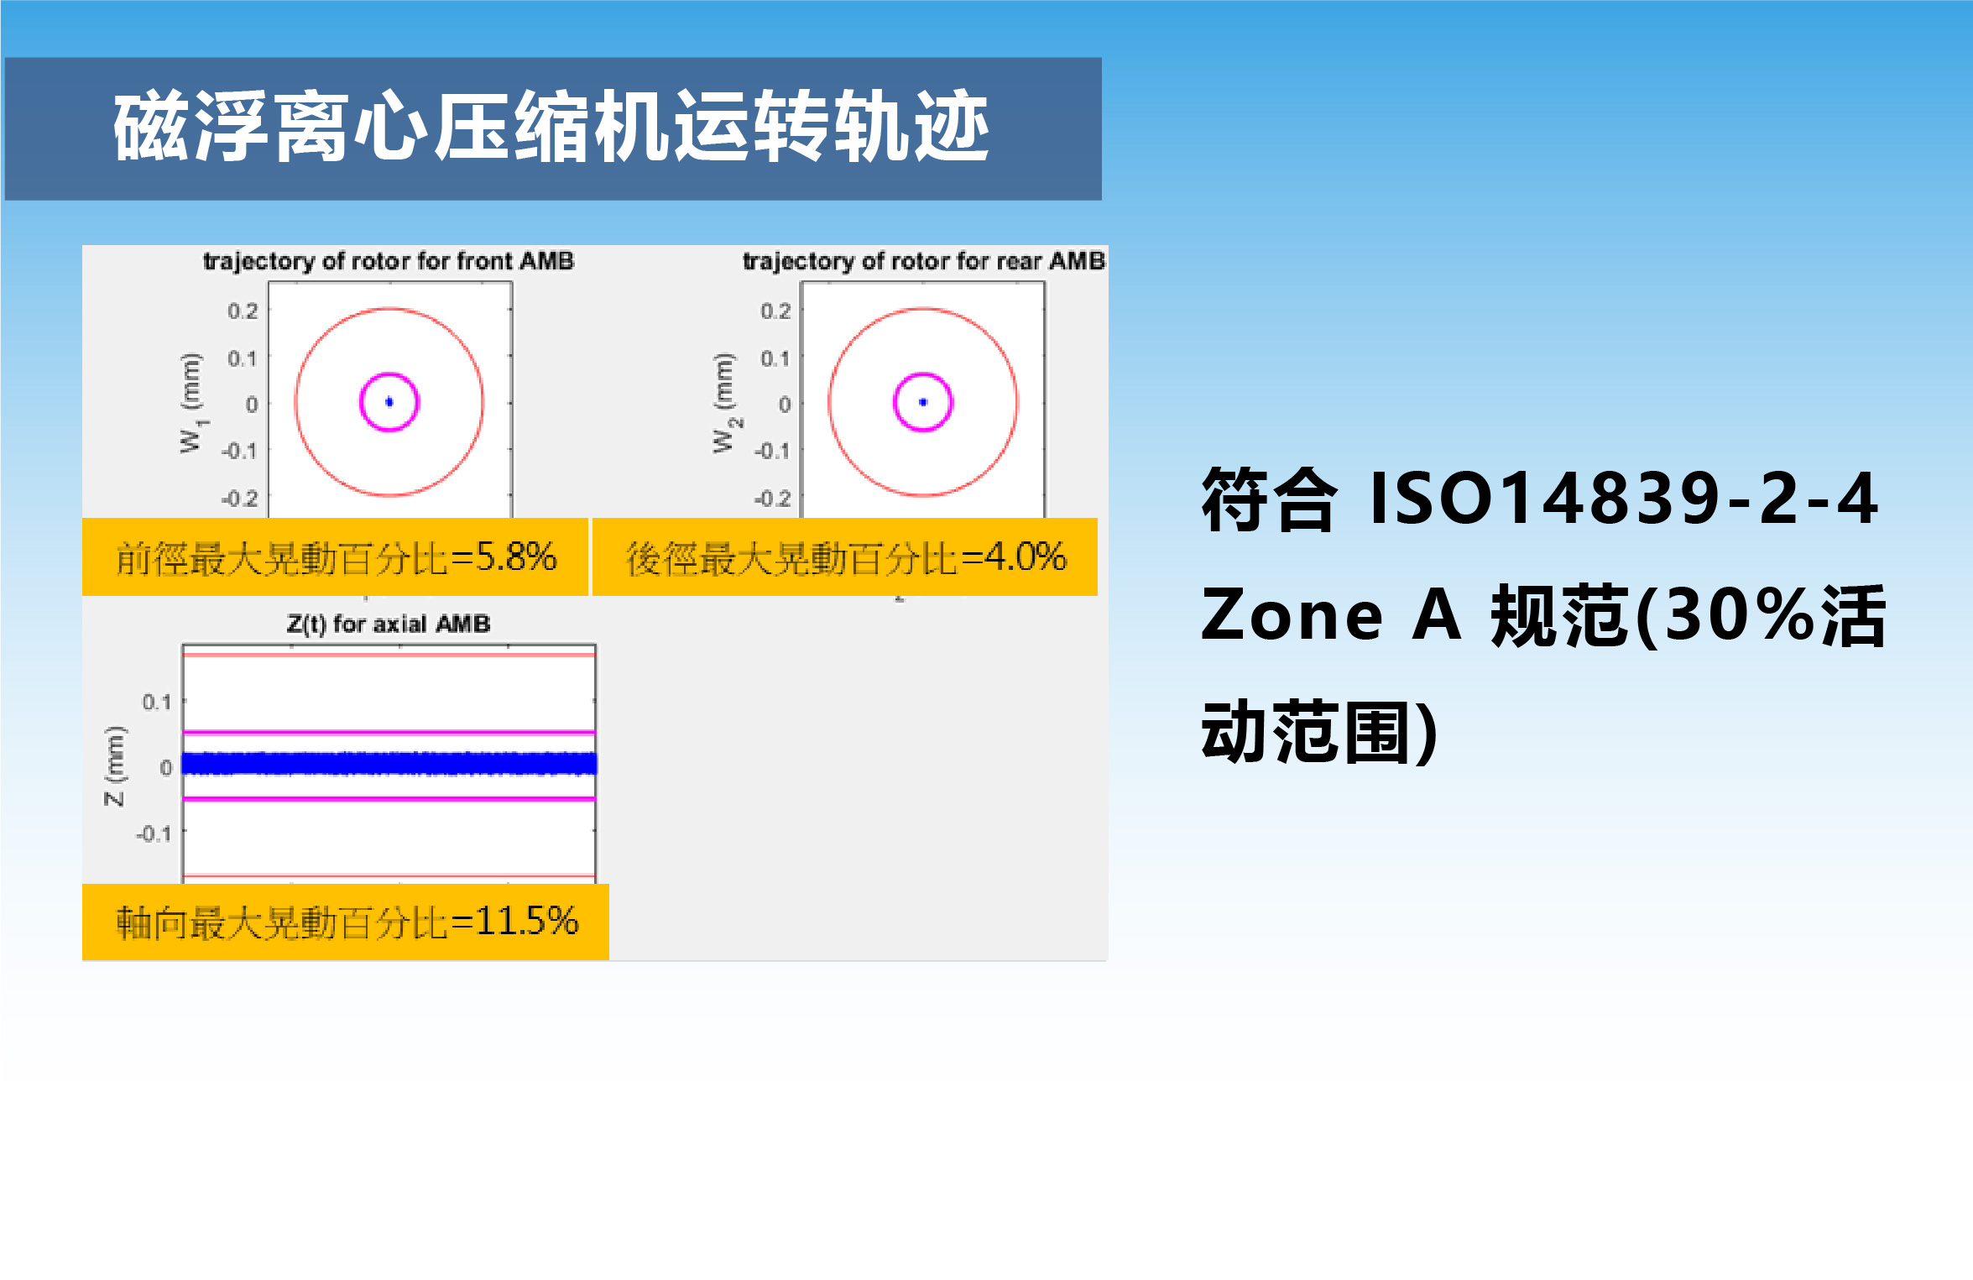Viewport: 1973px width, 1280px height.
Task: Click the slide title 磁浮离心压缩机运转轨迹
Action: (551, 127)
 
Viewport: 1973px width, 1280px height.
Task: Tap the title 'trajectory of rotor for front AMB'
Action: (389, 261)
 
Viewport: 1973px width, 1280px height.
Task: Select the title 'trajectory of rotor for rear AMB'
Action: (924, 261)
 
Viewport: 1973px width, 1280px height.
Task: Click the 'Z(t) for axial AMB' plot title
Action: (389, 624)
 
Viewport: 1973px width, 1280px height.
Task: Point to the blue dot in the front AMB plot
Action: (389, 402)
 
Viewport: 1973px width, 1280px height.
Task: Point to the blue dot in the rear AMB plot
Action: (923, 402)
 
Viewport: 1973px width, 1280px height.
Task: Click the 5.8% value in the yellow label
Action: (516, 556)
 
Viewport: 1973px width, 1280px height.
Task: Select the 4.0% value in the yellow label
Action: (1026, 556)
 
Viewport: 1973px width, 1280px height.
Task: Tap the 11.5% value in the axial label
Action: (527, 921)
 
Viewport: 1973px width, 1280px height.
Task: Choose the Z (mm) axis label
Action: (114, 766)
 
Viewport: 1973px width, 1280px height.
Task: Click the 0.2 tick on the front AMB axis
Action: (243, 311)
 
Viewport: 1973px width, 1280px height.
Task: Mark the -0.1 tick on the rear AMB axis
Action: (772, 451)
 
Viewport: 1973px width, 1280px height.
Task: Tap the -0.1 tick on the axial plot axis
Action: (154, 833)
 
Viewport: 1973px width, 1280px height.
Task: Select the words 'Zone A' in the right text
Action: (1331, 615)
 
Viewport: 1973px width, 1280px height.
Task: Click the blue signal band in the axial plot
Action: (389, 764)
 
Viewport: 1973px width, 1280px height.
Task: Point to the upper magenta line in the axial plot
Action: (389, 733)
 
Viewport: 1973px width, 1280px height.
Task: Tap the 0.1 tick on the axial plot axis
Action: (157, 702)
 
